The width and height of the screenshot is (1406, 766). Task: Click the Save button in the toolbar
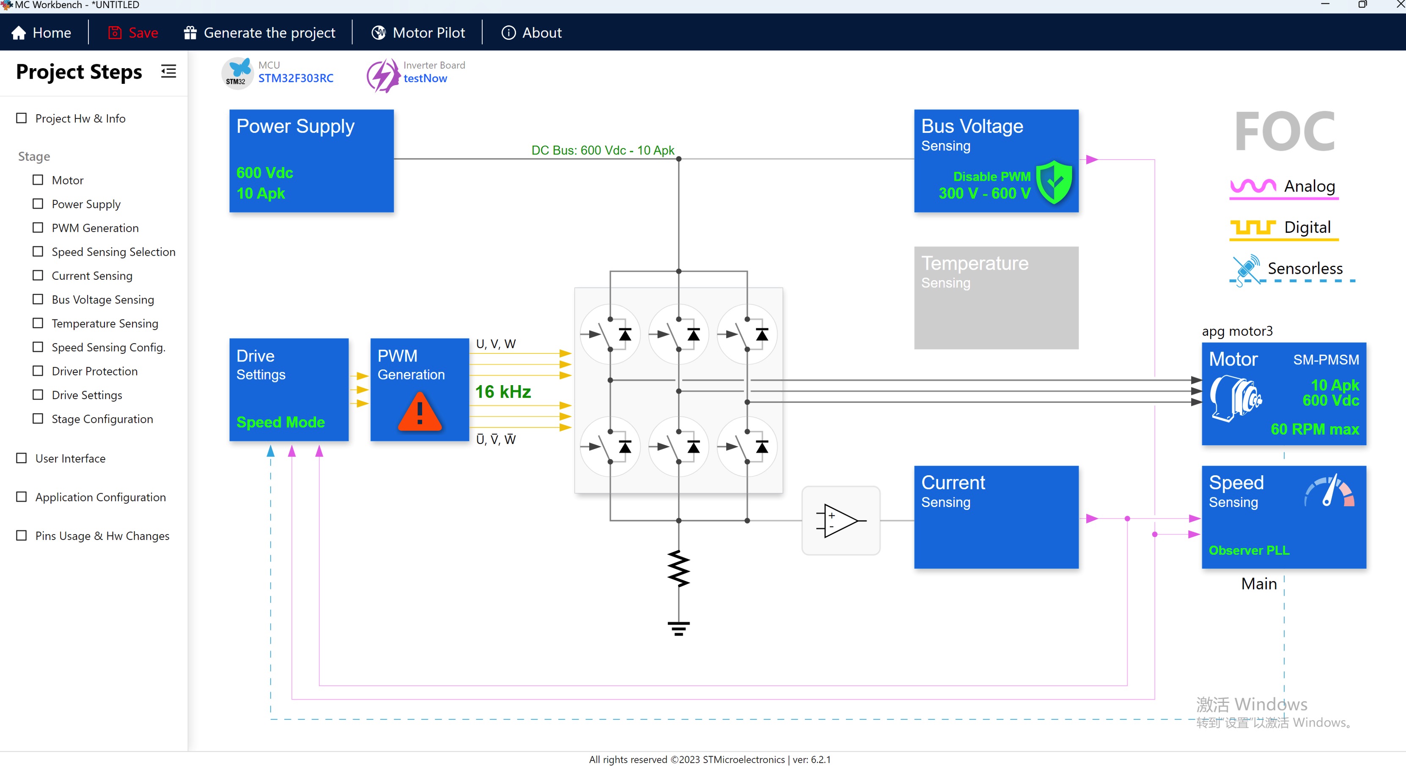click(133, 33)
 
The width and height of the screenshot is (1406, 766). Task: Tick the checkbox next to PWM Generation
click(38, 228)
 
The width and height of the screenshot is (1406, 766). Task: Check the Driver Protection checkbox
click(38, 371)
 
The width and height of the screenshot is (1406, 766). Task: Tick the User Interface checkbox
click(21, 458)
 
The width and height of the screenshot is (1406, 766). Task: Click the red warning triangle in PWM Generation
click(419, 412)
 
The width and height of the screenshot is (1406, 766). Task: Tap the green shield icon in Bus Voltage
click(1054, 182)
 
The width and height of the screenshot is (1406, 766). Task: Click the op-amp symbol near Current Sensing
click(840, 520)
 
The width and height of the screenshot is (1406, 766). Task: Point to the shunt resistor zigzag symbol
click(678, 568)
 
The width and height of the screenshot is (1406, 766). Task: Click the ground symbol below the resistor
click(678, 628)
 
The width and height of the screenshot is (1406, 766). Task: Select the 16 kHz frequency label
click(503, 391)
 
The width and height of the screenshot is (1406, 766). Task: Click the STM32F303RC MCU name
click(296, 78)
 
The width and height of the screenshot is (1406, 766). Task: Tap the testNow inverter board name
click(425, 78)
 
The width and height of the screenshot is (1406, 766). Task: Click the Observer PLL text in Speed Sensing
click(1249, 550)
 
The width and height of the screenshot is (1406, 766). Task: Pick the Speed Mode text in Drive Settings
click(280, 422)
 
